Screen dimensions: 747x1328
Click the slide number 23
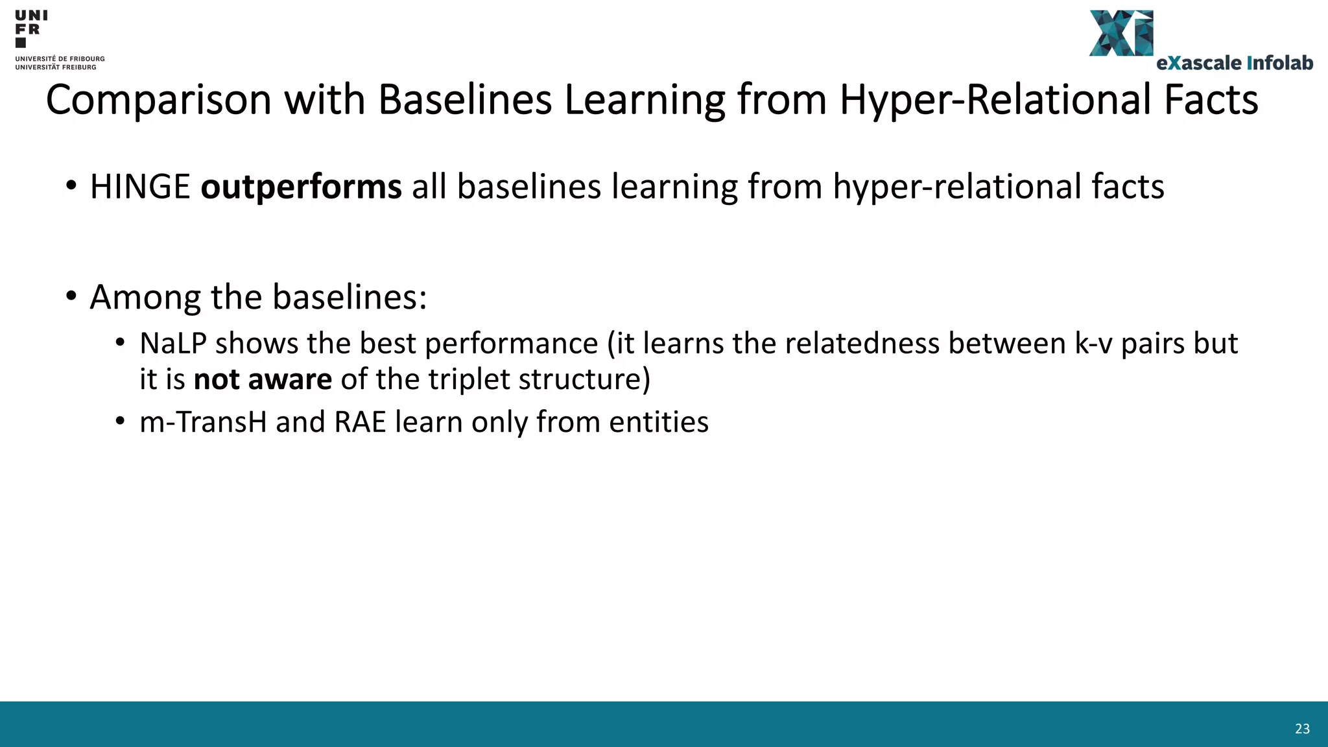pyautogui.click(x=1302, y=729)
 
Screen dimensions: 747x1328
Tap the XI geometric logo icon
pyautogui.click(x=1121, y=33)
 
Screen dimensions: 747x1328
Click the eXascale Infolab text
pyautogui.click(x=1235, y=63)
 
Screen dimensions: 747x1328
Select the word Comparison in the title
pyautogui.click(x=158, y=101)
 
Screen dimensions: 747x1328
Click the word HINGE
pyautogui.click(x=140, y=187)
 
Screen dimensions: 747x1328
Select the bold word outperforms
pyautogui.click(x=301, y=187)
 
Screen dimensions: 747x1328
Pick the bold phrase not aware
pyautogui.click(x=263, y=379)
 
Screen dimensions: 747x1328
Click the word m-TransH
pyautogui.click(x=203, y=422)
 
